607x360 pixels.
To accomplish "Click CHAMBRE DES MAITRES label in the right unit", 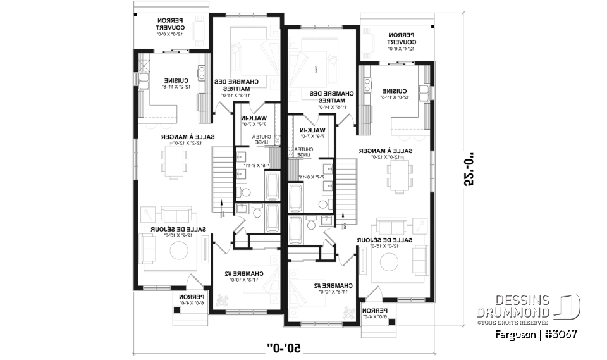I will (333, 96).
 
